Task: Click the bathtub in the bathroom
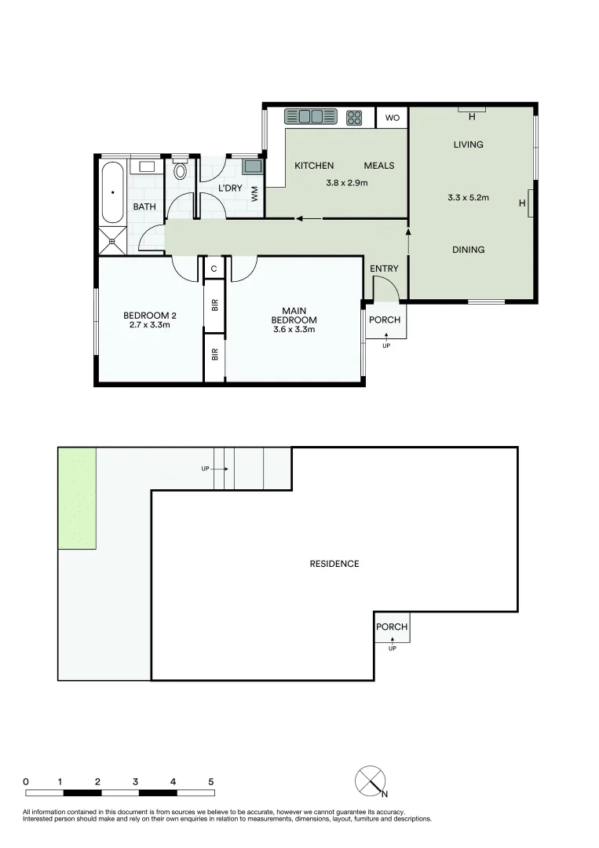(112, 192)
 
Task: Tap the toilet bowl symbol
(180, 170)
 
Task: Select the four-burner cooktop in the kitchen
(354, 117)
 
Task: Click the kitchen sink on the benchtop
(311, 117)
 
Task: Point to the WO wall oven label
(393, 117)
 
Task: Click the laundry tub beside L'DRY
(253, 165)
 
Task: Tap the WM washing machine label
(254, 194)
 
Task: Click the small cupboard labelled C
(214, 269)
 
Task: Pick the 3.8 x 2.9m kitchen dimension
(346, 183)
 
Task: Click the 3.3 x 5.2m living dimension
(468, 197)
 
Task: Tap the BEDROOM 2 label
(150, 316)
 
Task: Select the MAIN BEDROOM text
(294, 316)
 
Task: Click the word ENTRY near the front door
(384, 269)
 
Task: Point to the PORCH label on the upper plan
(385, 320)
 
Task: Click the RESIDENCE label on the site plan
(334, 564)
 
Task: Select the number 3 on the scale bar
(135, 781)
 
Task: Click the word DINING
(468, 250)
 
